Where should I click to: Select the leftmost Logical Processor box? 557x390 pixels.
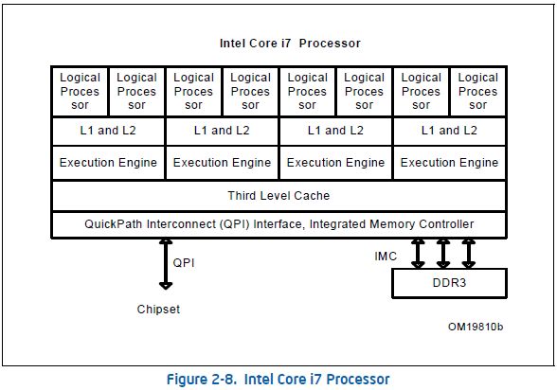[80, 91]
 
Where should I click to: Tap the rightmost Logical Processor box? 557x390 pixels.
[477, 91]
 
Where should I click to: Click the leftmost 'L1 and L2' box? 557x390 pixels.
[108, 131]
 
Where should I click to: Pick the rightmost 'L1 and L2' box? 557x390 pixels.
[449, 131]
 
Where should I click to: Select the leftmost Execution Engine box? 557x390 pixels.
[108, 163]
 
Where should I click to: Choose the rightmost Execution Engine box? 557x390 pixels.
[449, 163]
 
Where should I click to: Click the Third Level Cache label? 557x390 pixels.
[278, 195]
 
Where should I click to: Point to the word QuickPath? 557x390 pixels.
[115, 224]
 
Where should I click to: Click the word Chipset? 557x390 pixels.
[157, 310]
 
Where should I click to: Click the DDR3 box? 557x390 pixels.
[449, 283]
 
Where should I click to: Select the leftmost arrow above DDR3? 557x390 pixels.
[417, 254]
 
